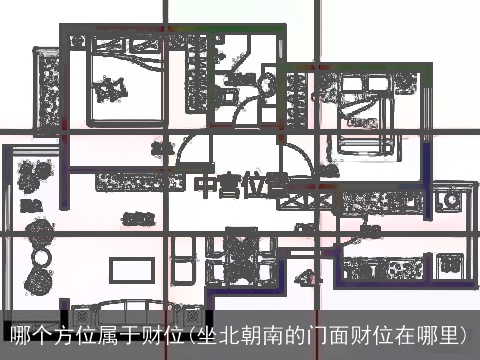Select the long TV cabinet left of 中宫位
pos(138,183)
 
